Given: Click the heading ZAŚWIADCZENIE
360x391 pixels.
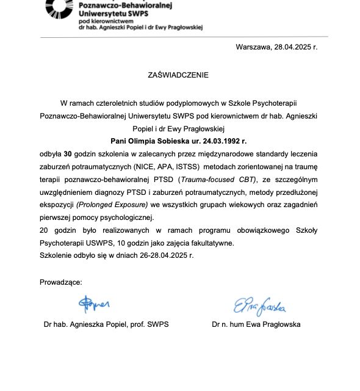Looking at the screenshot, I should coord(178,75).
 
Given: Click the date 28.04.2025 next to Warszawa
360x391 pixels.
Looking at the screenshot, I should coord(295,46).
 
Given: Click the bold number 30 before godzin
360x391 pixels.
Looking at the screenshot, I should coord(68,153).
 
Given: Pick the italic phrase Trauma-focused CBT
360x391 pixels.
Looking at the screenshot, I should coord(211,180).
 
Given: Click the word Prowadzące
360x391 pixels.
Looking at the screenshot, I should coord(60,282).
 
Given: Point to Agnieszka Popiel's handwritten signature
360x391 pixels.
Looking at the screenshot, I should coord(93,302).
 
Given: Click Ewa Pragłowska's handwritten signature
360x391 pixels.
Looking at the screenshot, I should coord(260,305).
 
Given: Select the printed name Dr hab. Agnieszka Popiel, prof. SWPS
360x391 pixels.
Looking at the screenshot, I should coord(106,324).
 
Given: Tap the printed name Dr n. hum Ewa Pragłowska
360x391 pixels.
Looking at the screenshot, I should coord(256,324).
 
